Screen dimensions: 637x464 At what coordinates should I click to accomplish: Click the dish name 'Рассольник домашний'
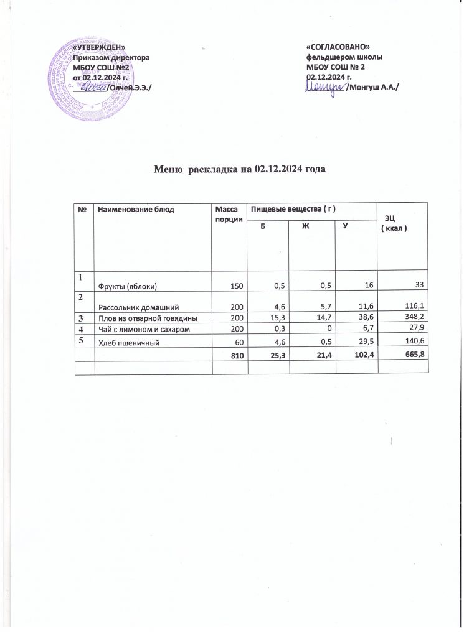[136, 307]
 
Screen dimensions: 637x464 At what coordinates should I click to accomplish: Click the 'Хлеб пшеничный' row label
[125, 341]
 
